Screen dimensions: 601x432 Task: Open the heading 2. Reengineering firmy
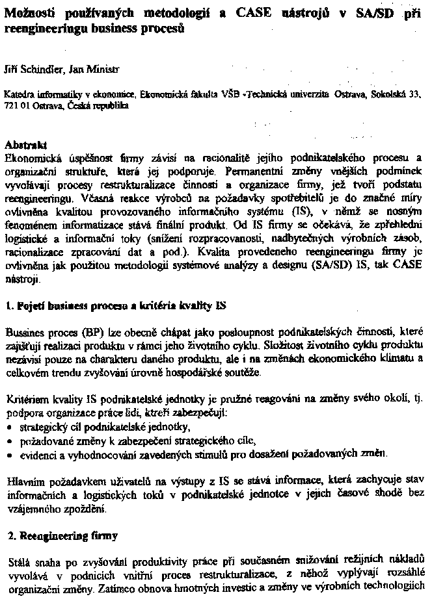61,536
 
